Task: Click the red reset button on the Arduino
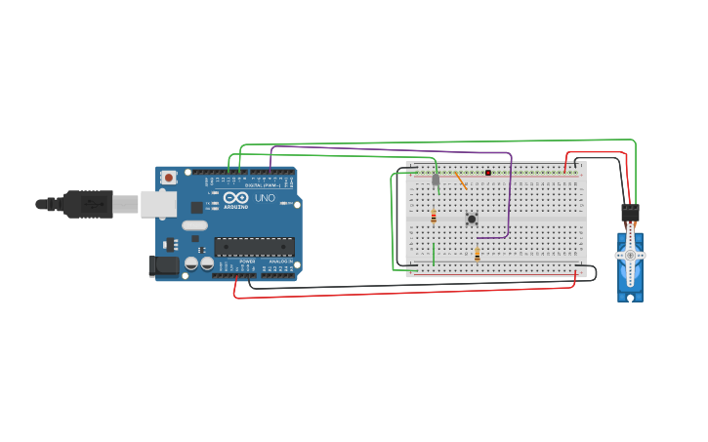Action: coord(169,178)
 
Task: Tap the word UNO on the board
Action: coord(265,198)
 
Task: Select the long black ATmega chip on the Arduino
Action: coord(253,246)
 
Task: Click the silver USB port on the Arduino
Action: coord(158,204)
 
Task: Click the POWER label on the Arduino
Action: coord(247,261)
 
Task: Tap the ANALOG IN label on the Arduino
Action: coord(279,261)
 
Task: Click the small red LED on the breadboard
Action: coord(488,173)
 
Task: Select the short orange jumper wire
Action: coord(460,180)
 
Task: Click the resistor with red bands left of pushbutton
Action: coord(434,217)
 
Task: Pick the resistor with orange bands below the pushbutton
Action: coord(477,254)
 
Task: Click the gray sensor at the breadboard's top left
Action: coord(436,180)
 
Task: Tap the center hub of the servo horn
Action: coord(630,255)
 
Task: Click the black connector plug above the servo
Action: coord(630,212)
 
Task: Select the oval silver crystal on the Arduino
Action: coord(222,225)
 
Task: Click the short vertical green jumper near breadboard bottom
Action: coord(434,254)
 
